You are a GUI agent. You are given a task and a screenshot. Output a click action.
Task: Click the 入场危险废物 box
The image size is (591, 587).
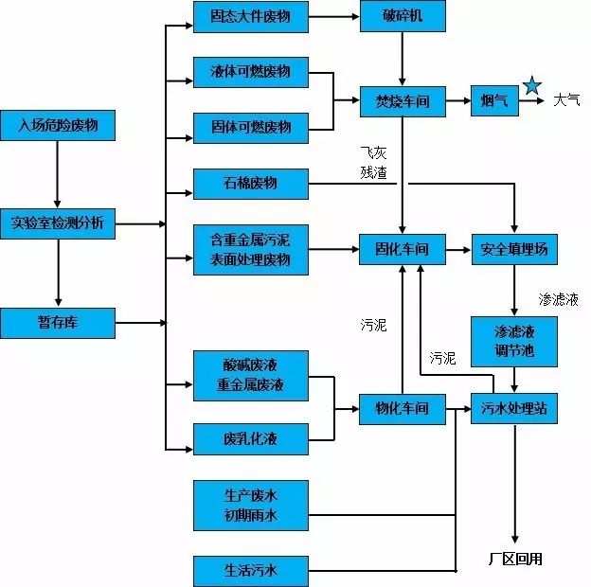[58, 124]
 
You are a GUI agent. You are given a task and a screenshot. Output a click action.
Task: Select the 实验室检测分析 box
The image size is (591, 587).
[58, 223]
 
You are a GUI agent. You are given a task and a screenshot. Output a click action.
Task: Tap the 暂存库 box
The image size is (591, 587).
[58, 323]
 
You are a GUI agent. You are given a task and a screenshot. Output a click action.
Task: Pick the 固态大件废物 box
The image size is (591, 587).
[251, 17]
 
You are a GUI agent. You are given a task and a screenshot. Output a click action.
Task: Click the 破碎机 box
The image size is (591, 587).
[402, 17]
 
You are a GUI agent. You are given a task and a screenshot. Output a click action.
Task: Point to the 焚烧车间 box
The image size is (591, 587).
[402, 100]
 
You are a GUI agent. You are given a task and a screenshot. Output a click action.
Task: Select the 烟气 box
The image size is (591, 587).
[495, 100]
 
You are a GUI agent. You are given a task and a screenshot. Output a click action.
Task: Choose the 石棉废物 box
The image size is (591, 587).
[251, 183]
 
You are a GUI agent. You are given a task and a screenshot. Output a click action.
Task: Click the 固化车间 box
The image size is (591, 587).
[402, 250]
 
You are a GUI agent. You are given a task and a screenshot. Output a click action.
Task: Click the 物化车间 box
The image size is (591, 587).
[402, 409]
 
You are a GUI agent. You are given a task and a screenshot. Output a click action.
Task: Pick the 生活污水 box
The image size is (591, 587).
[251, 571]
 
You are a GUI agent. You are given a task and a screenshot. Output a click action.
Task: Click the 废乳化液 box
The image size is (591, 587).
[251, 438]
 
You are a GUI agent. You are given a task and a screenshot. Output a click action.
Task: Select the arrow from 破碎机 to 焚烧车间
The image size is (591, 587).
[403, 59]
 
